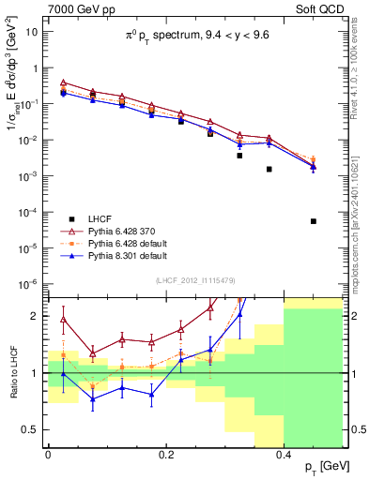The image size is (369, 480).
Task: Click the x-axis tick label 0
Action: click(48, 454)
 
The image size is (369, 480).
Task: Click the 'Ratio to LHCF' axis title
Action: click(11, 372)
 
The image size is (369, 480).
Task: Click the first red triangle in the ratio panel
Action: click(63, 319)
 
